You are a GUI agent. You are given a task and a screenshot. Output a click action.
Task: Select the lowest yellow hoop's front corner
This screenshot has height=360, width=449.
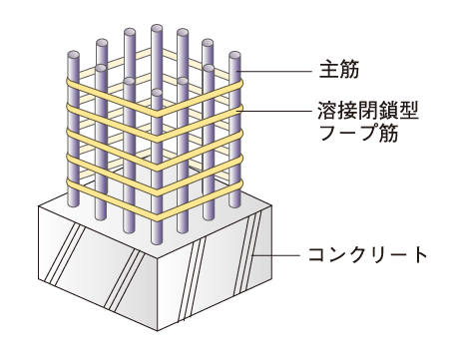[x=157, y=215]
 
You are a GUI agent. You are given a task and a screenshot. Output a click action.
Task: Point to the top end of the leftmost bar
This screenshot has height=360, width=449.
[x=74, y=56]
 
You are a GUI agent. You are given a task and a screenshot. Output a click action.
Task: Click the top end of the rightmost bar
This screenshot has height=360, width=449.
[x=235, y=56]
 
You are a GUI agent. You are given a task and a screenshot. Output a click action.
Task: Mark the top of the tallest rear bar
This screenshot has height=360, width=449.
[x=156, y=28]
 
